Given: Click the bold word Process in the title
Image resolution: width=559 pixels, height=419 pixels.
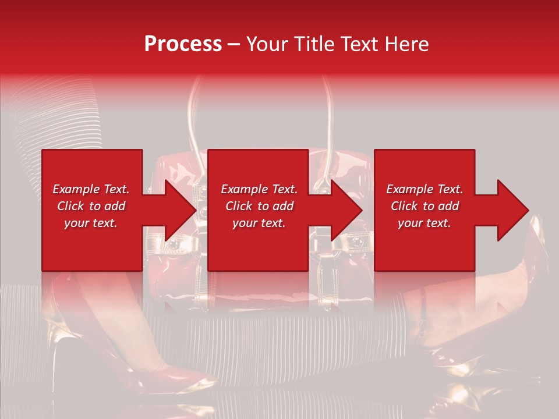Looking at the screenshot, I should pos(183,44).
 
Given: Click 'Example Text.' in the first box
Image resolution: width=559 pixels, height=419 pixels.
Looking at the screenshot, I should pos(91,189).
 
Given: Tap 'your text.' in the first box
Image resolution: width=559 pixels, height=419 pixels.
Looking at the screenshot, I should pos(91,223).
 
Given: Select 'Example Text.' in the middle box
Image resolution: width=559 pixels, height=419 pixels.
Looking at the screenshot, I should pos(259,189).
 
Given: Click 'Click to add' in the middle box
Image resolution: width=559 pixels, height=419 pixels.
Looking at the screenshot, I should pos(259,206).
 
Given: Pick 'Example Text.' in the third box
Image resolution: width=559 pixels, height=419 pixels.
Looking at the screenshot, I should pos(424,189).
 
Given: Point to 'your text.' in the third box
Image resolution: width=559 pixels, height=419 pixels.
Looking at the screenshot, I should pos(424,223).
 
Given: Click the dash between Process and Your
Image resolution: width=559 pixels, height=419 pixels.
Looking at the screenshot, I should pos(234,44).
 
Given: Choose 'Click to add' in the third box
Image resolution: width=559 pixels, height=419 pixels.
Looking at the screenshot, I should pos(424,206).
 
